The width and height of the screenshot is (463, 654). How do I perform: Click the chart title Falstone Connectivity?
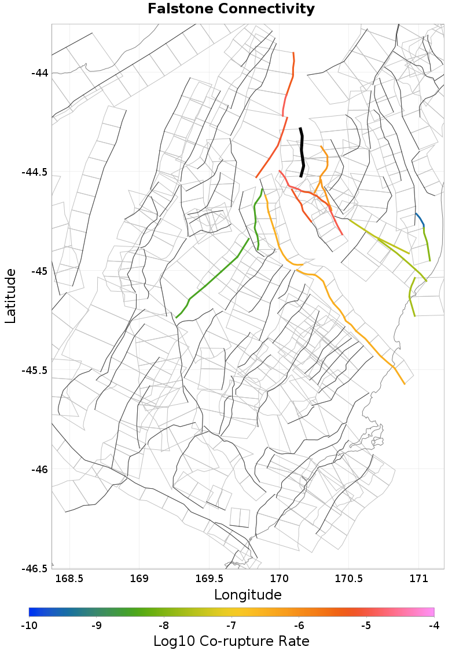pyautogui.click(x=231, y=9)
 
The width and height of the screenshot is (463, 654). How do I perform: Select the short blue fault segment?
pyautogui.click(x=420, y=219)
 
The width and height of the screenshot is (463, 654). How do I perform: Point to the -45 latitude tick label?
pyautogui.click(x=39, y=271)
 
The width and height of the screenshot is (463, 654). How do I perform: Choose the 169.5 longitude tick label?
pyautogui.click(x=210, y=579)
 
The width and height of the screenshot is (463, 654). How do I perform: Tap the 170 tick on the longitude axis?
pyautogui.click(x=280, y=579)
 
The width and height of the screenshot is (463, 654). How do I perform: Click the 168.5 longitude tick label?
pyautogui.click(x=69, y=579)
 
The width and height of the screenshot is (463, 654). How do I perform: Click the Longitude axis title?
pyautogui.click(x=248, y=595)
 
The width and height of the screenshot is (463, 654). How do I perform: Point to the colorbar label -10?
pyautogui.click(x=29, y=626)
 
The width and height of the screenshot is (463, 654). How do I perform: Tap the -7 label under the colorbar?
pyautogui.click(x=231, y=626)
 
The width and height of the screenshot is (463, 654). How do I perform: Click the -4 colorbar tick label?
pyautogui.click(x=434, y=626)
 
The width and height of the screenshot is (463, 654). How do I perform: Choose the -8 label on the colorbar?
pyautogui.click(x=164, y=626)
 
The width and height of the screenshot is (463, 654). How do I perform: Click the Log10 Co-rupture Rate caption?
pyautogui.click(x=231, y=641)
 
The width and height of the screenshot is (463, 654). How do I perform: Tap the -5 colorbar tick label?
pyautogui.click(x=366, y=626)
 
